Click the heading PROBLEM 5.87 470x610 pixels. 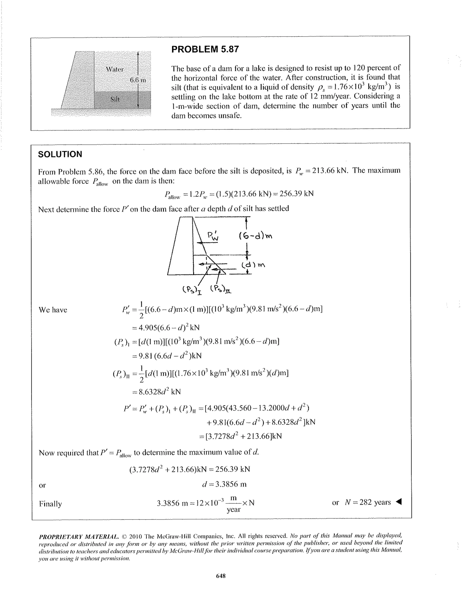click(205, 49)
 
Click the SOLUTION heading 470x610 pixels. click(60, 154)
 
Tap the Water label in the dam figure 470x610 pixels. click(115, 69)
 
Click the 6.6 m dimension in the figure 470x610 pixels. click(138, 80)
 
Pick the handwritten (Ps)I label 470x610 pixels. click(192, 290)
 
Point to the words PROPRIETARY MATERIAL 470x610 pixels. click(79, 537)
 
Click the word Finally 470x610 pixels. click(50, 504)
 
